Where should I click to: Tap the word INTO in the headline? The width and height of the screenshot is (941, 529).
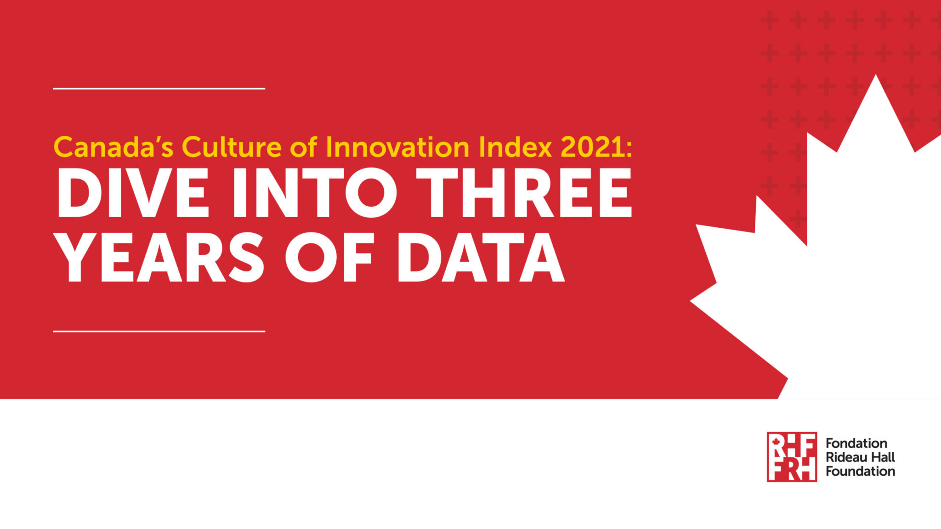pyautogui.click(x=315, y=193)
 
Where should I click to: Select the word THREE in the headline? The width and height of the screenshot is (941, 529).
pyautogui.click(x=524, y=193)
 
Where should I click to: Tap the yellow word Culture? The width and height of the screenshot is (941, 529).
pyautogui.click(x=232, y=147)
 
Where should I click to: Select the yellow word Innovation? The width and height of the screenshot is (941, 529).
pyautogui.click(x=397, y=147)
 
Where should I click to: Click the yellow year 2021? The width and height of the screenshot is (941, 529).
pyautogui.click(x=593, y=147)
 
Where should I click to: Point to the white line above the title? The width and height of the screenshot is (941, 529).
pyautogui.click(x=159, y=88)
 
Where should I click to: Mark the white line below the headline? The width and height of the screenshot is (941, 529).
pyautogui.click(x=159, y=331)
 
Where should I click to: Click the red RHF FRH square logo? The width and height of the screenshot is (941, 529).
pyautogui.click(x=792, y=456)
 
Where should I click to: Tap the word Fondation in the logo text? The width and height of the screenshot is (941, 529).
pyautogui.click(x=856, y=443)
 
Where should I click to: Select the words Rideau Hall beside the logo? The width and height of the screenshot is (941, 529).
pyautogui.click(x=860, y=457)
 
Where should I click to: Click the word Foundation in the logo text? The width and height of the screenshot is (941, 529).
pyautogui.click(x=860, y=471)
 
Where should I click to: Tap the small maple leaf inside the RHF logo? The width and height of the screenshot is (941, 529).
pyautogui.click(x=776, y=442)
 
